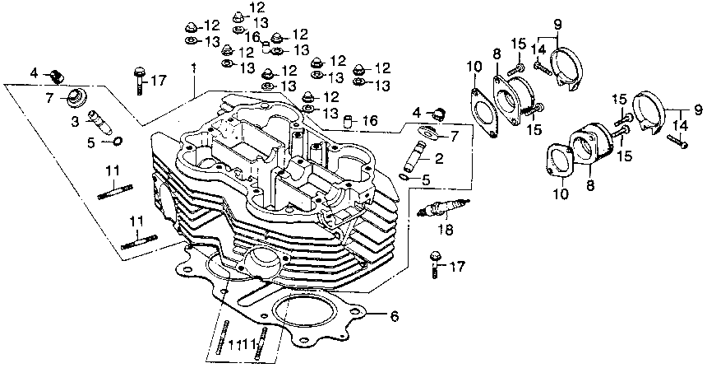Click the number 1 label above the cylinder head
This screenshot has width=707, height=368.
193,70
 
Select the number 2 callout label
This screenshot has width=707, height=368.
439,158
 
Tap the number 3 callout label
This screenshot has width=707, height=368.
74,121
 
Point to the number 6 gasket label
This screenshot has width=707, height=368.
394,316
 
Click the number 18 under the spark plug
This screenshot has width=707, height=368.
446,230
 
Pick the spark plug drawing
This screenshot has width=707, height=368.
444,207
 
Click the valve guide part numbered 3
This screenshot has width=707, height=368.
99,122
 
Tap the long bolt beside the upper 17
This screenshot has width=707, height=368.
139,81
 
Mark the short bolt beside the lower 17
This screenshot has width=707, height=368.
435,264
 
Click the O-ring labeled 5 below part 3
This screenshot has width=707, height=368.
117,142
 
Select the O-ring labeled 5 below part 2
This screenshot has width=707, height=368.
404,176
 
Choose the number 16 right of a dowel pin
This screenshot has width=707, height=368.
370,120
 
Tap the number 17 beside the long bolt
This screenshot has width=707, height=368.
159,81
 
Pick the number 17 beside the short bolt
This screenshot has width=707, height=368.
456,267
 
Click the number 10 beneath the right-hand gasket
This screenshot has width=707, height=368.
561,194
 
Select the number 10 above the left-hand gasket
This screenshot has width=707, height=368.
474,67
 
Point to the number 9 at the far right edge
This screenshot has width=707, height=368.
698,109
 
